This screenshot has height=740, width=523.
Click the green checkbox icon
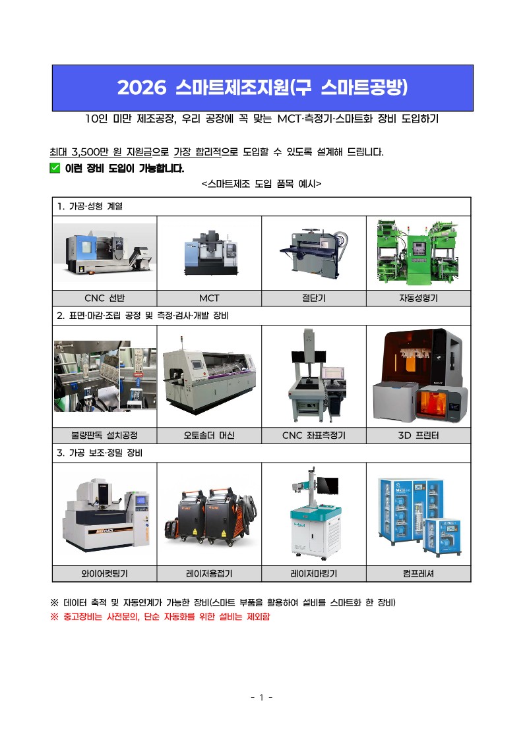coord(55,168)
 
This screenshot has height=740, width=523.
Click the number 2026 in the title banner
coord(142,87)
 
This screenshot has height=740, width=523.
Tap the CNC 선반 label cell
coord(104,299)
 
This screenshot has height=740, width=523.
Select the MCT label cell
coord(209,299)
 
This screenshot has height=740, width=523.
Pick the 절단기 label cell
coord(314,299)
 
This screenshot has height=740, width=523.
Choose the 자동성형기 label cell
coord(419,299)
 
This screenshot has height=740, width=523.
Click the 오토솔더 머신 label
coord(209,435)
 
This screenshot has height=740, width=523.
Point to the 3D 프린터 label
coord(419,435)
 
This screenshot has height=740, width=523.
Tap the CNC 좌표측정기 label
coord(314,435)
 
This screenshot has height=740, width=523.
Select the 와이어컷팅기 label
coord(104,573)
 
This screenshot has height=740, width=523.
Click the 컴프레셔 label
coord(419,573)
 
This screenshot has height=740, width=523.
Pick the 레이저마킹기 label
coord(314,573)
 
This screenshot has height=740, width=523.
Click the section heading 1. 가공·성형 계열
coord(90,206)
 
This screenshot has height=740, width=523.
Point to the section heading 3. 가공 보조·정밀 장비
coord(99,453)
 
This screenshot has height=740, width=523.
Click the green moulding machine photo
coord(417,252)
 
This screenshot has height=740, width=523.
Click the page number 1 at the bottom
coord(261,697)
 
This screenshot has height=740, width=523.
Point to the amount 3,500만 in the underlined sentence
coord(91,152)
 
